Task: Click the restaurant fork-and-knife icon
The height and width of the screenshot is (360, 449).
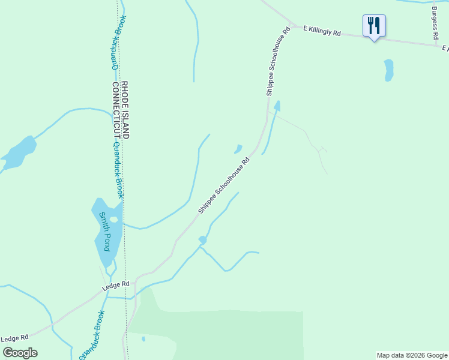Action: pos(374,25)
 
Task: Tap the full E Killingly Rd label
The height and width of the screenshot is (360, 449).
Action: pos(322,31)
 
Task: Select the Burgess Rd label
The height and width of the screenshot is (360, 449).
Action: pos(435,22)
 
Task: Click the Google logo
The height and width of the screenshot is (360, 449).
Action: pos(19,353)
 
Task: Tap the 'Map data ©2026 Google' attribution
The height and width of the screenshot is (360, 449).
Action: pos(412,355)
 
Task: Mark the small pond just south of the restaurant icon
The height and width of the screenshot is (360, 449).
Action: pos(389,70)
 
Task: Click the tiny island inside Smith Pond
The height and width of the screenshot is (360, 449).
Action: pos(113,219)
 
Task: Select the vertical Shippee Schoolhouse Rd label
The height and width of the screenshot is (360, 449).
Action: pos(278,62)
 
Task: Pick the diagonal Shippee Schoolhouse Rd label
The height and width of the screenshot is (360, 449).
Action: pos(224,185)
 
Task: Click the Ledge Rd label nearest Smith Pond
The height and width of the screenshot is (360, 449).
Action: pos(116,284)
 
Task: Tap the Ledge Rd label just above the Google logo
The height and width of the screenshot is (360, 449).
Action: pos(15,339)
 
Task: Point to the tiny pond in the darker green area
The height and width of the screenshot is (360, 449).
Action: pos(143,339)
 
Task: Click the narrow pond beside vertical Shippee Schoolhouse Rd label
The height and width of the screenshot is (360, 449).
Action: pos(276,107)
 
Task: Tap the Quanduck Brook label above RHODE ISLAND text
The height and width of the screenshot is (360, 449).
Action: pos(116,42)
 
